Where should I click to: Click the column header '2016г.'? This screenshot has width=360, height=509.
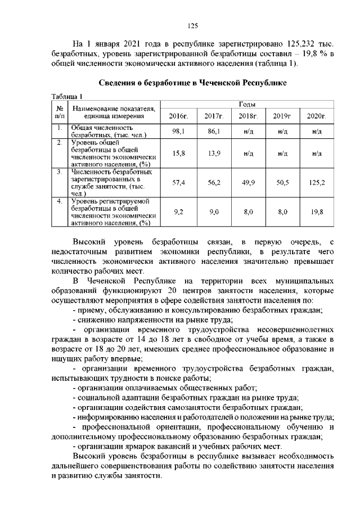click(178, 116)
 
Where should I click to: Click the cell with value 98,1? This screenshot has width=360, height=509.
click(178, 130)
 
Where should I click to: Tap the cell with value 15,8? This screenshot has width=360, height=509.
click(178, 153)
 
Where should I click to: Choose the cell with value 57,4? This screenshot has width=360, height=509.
click(178, 183)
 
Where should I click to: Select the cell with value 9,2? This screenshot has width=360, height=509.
click(178, 212)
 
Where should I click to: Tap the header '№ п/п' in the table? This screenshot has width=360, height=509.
click(59, 111)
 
